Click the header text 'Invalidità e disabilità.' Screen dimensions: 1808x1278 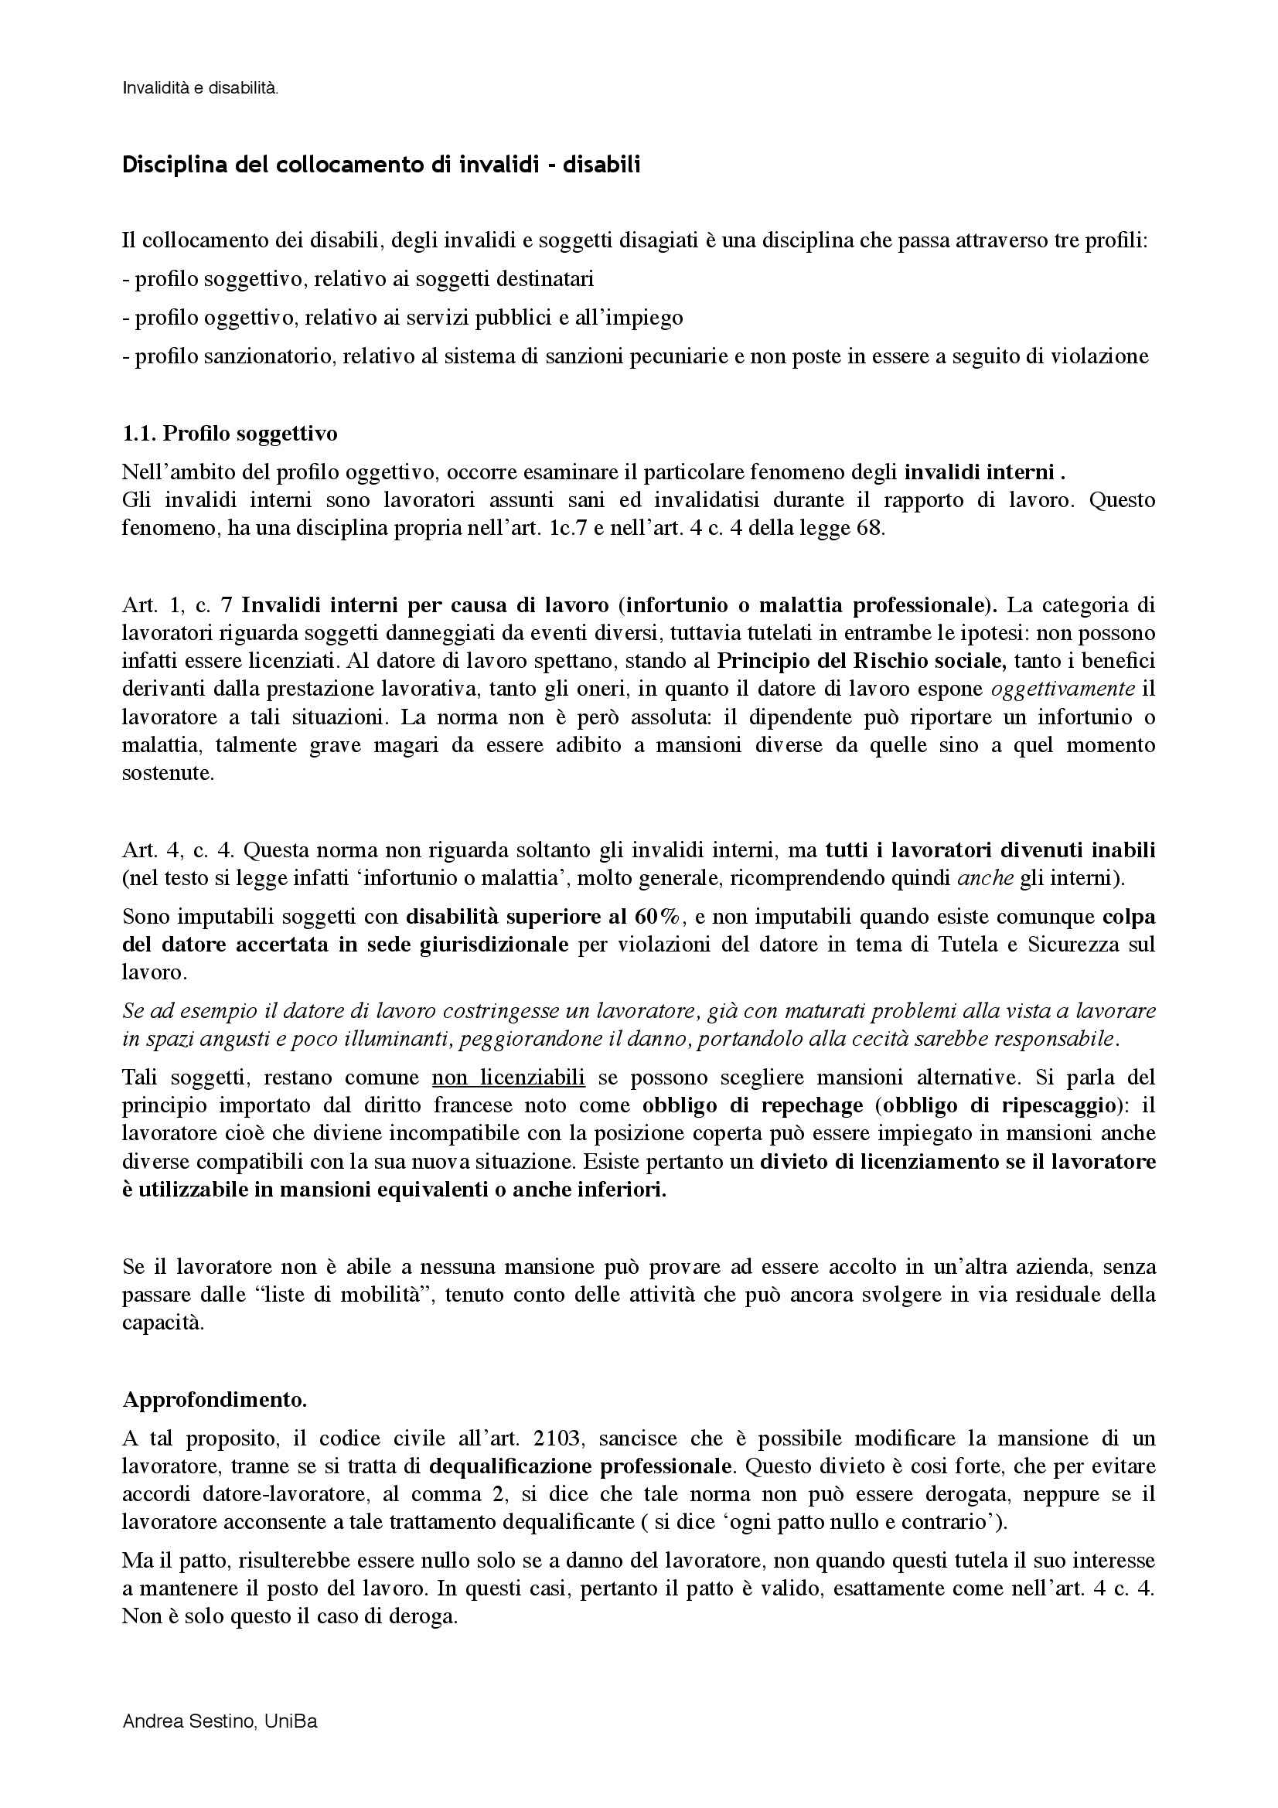coord(200,89)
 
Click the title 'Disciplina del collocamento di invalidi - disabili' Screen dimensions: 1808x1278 coord(380,165)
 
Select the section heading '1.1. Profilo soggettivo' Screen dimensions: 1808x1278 coord(230,433)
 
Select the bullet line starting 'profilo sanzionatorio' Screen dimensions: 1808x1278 coord(636,356)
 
